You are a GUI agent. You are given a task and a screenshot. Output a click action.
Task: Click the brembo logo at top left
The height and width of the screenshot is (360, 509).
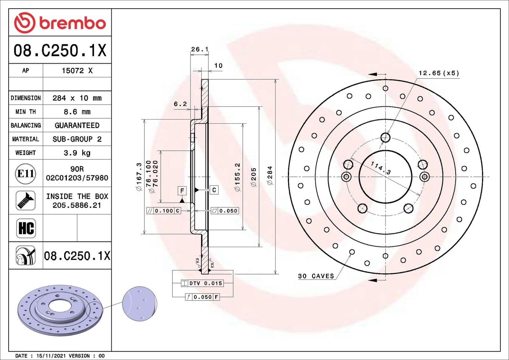(x=60, y=23)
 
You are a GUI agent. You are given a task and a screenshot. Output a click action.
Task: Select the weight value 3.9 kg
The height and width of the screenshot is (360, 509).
(x=77, y=153)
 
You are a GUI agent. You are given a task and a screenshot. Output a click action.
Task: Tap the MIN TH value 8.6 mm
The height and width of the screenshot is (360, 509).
(x=77, y=112)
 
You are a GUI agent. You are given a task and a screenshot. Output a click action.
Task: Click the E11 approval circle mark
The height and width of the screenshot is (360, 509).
(x=25, y=174)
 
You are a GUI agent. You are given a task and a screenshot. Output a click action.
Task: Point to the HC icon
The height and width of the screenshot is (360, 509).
(x=26, y=228)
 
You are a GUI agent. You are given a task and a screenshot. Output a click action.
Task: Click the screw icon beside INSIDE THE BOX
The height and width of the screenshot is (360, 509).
(x=25, y=201)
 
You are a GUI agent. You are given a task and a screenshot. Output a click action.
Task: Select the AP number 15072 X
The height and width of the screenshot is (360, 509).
(x=77, y=71)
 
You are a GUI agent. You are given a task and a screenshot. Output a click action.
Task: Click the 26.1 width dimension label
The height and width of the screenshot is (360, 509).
(x=199, y=49)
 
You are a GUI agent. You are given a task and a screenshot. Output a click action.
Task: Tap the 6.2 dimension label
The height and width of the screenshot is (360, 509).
(x=180, y=104)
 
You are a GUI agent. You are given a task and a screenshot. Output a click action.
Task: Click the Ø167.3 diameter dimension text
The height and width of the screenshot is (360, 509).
(x=139, y=177)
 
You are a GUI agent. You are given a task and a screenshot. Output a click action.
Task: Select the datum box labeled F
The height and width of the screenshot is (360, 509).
(x=182, y=191)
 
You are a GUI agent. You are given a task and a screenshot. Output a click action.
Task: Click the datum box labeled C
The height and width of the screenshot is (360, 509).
(x=214, y=190)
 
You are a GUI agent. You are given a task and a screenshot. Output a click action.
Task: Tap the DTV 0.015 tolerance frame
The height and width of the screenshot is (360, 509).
(x=202, y=283)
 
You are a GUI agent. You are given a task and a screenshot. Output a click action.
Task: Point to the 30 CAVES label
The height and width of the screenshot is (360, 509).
(x=316, y=276)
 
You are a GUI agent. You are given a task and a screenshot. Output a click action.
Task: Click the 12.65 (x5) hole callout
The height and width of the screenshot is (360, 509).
(x=439, y=73)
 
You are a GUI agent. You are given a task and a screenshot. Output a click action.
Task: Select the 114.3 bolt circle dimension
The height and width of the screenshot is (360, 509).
(x=381, y=168)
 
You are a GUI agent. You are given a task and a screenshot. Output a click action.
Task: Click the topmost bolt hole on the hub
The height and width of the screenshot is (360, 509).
(x=385, y=138)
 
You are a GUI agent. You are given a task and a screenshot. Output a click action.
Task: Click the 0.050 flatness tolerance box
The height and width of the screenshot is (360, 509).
(x=225, y=211)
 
